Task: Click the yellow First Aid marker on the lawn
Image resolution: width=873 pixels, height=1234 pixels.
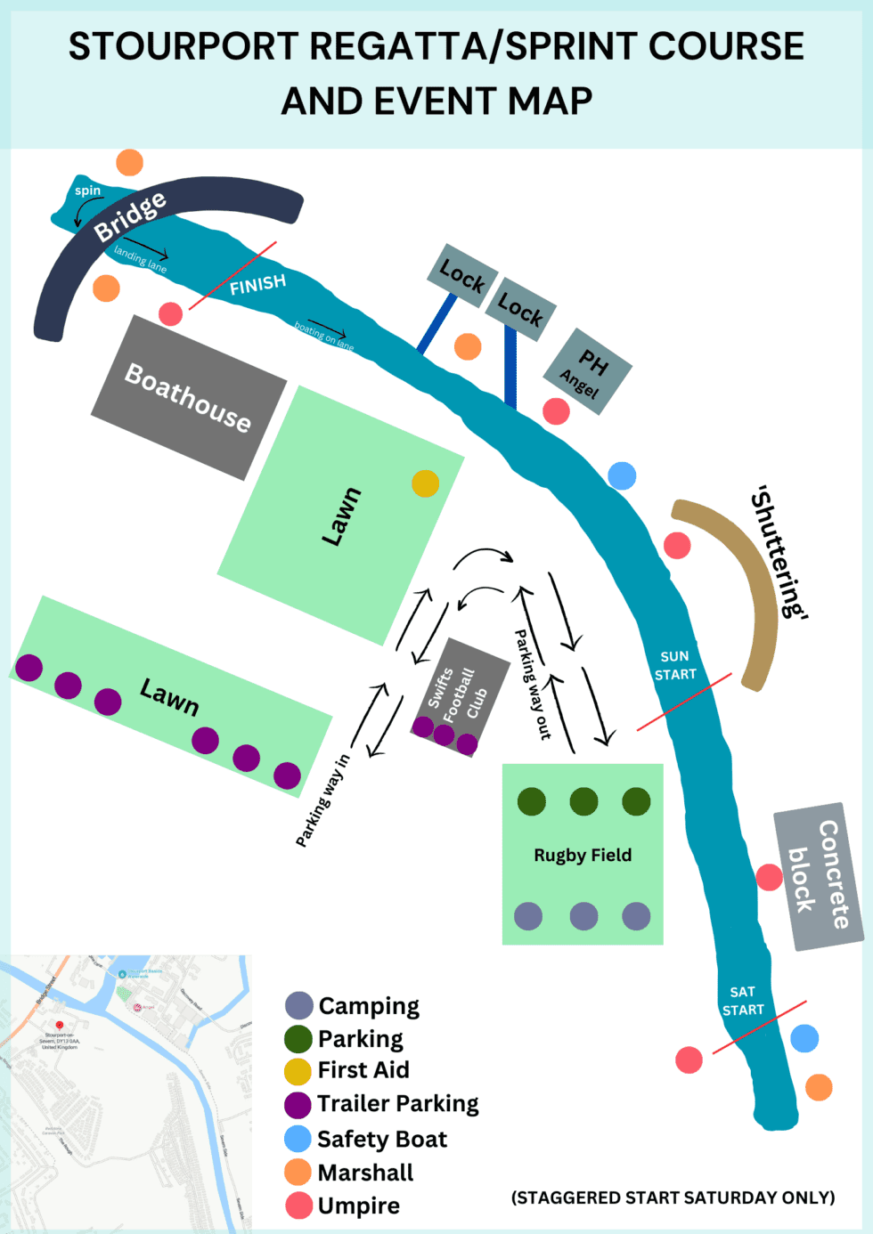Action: [426, 483]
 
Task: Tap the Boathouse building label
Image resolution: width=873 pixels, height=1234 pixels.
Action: [188, 397]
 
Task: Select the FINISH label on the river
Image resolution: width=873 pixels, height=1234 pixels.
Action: [257, 285]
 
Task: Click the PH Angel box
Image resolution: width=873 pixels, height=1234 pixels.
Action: [587, 372]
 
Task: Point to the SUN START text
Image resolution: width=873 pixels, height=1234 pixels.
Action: [674, 665]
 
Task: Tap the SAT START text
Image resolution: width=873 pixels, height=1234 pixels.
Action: [743, 1001]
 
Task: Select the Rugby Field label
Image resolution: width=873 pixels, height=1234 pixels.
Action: [583, 856]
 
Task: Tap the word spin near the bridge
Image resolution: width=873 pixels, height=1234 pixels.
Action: [87, 191]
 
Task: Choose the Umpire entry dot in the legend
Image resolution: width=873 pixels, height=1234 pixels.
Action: [298, 1206]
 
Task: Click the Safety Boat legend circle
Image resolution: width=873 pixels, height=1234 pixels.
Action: [298, 1139]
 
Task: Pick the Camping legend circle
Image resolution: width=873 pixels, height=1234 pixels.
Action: [299, 1006]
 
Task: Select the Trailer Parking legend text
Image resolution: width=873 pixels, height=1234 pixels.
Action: [397, 1104]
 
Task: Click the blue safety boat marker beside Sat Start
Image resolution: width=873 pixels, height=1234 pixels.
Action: [804, 1038]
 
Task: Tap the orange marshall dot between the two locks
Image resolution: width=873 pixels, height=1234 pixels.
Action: [468, 346]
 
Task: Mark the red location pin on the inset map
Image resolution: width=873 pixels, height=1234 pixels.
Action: [60, 1027]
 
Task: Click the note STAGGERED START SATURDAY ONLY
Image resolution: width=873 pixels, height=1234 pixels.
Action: [673, 1197]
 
